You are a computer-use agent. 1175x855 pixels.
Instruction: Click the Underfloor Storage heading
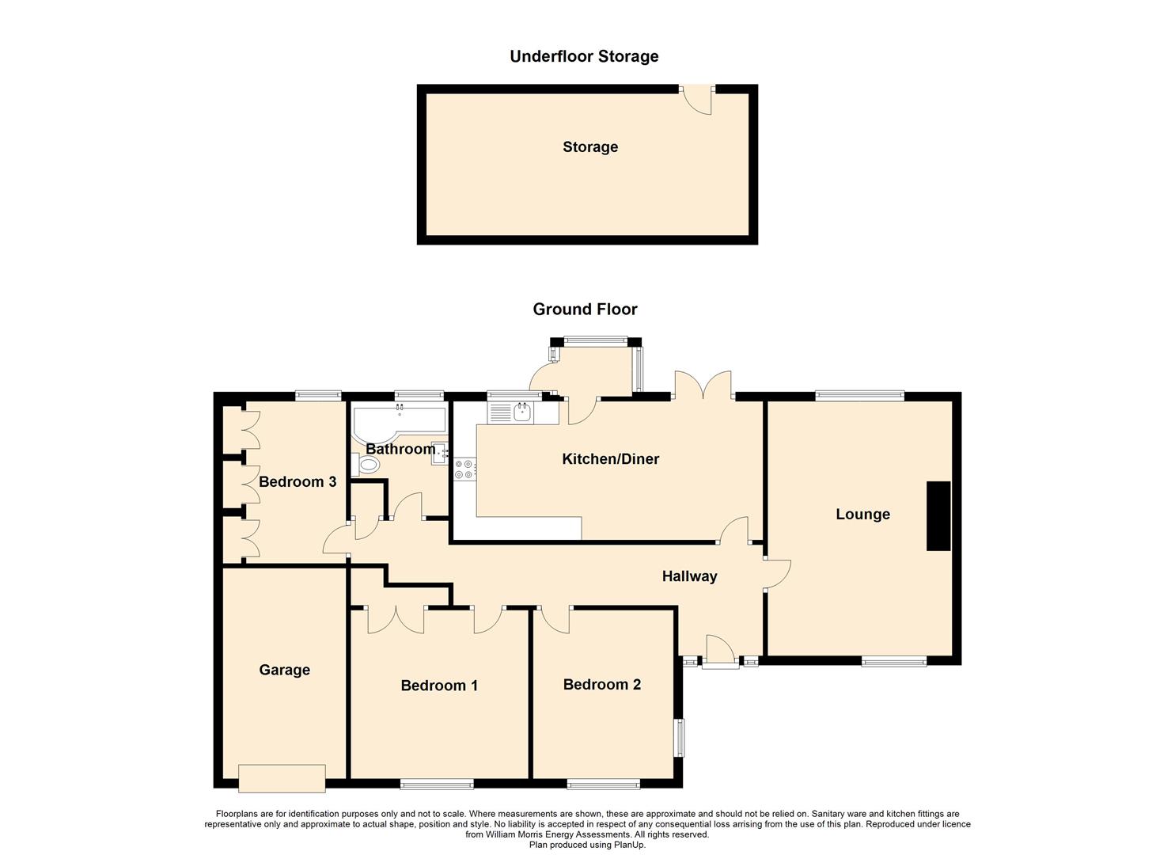tap(584, 57)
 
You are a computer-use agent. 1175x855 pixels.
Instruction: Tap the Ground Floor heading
tap(585, 309)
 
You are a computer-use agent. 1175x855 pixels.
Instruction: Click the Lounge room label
tap(863, 515)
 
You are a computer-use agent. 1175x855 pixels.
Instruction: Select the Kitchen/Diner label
tap(611, 459)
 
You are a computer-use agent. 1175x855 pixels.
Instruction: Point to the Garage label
tap(284, 671)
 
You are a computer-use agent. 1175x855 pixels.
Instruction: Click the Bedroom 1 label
tap(439, 686)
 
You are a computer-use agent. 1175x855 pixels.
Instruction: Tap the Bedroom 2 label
tap(601, 685)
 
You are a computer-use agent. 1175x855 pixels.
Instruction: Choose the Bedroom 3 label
tap(298, 482)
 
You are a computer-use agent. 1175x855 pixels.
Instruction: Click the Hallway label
tap(689, 576)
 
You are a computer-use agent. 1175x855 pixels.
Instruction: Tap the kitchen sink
tap(522, 413)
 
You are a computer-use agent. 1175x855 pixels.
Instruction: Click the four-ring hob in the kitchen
tap(465, 469)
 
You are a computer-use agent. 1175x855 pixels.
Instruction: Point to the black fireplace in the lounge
tap(938, 516)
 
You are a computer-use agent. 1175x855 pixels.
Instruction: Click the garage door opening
tap(282, 778)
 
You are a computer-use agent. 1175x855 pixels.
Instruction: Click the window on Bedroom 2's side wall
tap(680, 737)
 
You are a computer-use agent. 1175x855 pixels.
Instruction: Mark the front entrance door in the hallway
tap(721, 651)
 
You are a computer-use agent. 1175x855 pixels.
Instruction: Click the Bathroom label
tap(400, 450)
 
